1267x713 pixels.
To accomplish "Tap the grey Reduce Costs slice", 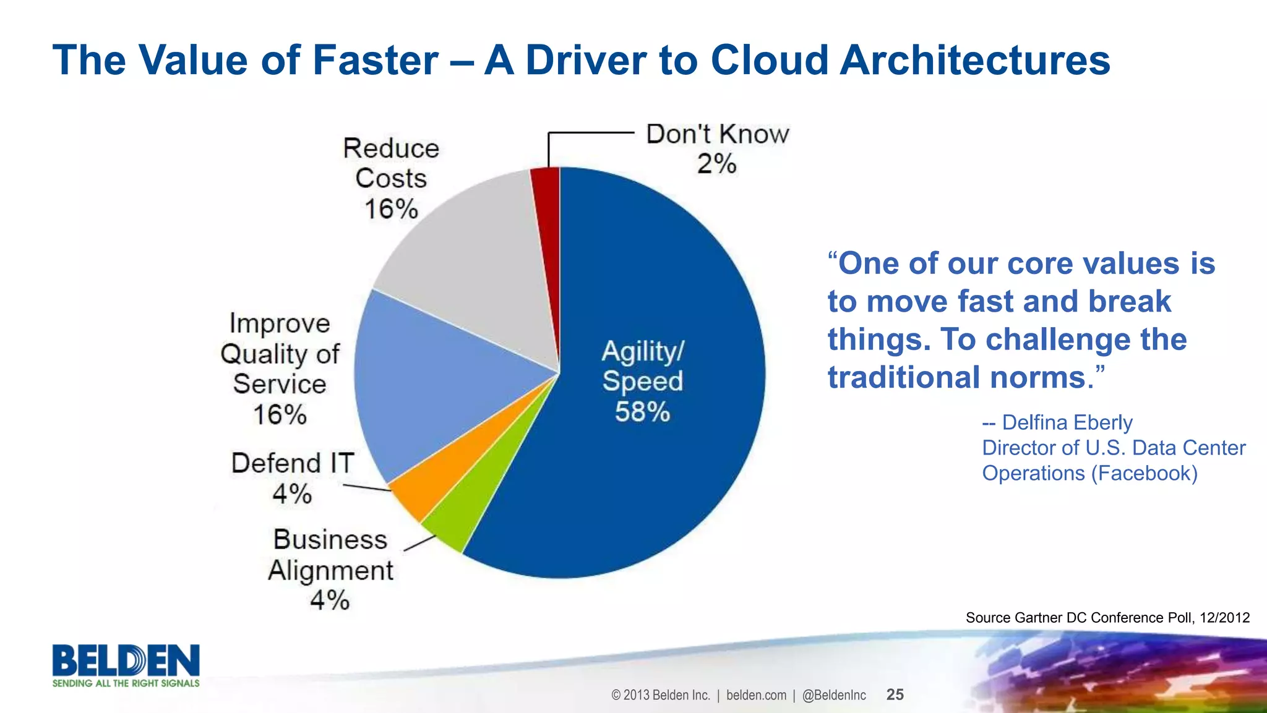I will pyautogui.click(x=476, y=260).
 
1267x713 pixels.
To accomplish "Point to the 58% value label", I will pyautogui.click(x=642, y=412).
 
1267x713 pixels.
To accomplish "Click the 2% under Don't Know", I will pyautogui.click(x=716, y=164).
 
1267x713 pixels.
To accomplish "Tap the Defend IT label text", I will pyautogui.click(x=292, y=463).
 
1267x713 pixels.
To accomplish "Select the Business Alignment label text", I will pyautogui.click(x=330, y=555).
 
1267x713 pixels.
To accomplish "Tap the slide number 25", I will pyautogui.click(x=895, y=694).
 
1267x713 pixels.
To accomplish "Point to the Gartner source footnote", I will pyautogui.click(x=1107, y=617).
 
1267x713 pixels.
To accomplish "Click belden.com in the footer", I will pyautogui.click(x=756, y=695).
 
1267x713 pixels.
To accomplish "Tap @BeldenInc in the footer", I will pyautogui.click(x=834, y=695).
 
